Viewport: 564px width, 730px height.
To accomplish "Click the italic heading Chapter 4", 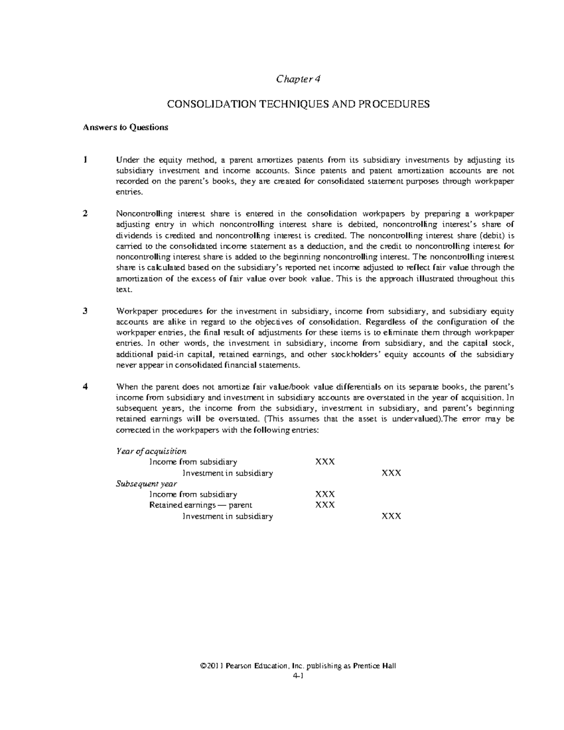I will (x=298, y=79).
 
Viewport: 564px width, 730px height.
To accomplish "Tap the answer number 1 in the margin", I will (x=85, y=160).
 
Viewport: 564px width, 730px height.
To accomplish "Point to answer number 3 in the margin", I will (x=85, y=311).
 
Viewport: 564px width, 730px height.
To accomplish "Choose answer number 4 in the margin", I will (x=85, y=387).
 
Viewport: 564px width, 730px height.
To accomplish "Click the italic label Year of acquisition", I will (x=151, y=451).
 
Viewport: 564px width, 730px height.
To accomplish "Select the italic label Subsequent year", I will (x=146, y=484).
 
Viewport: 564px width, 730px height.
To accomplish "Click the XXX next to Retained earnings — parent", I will (x=325, y=505).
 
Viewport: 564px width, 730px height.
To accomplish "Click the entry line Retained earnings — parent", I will (x=201, y=505).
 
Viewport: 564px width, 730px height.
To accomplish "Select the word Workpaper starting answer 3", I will (x=137, y=311).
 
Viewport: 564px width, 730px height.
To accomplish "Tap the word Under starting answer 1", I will (x=126, y=160).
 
